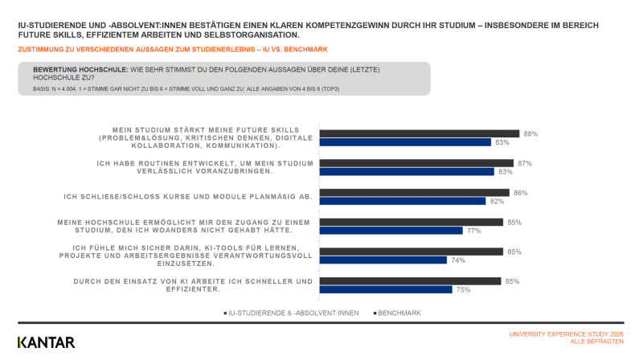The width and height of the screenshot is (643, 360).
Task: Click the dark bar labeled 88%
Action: [419, 133]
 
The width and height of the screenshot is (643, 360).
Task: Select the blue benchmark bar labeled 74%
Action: [383, 260]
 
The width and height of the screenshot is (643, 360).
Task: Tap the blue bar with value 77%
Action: [391, 231]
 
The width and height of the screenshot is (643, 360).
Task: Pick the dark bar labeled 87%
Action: [416, 163]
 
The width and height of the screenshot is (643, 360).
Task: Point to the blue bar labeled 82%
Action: [403, 201]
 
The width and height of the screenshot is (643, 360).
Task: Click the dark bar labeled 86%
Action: [415, 193]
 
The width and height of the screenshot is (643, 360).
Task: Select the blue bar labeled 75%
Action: [386, 289]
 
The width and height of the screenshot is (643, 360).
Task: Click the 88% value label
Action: [530, 134]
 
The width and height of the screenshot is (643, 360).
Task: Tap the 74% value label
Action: [458, 260]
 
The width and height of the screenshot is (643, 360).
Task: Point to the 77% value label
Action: [473, 231]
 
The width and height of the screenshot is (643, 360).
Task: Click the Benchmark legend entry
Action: [397, 313]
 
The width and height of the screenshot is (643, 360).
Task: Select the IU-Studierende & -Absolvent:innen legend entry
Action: [291, 313]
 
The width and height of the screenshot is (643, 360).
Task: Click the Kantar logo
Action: [47, 342]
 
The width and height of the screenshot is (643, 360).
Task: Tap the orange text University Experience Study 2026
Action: [567, 334]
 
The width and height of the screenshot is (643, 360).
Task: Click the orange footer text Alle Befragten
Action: [596, 342]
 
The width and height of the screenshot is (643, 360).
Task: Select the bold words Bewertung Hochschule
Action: [80, 70]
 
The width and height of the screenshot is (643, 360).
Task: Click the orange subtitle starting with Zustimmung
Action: [173, 50]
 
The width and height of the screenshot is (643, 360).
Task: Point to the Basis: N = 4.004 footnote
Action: [186, 89]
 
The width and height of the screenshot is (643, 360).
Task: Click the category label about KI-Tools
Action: [186, 256]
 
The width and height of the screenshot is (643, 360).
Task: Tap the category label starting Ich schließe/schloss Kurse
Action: [188, 197]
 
